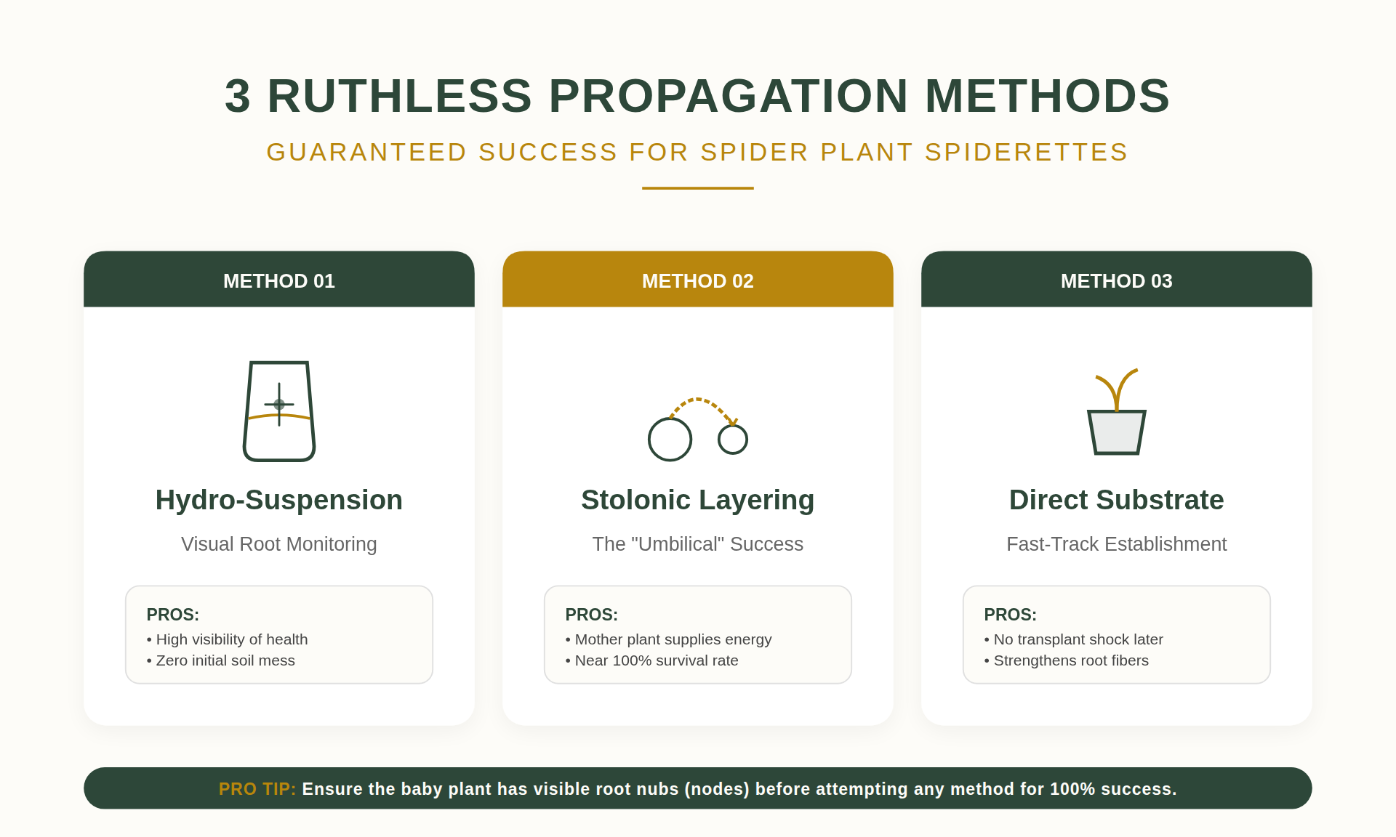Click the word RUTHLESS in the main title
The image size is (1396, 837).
pos(399,96)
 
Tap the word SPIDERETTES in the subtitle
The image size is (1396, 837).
pos(1026,153)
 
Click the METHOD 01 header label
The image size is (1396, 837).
pos(279,281)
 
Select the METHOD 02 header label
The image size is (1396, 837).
pos(698,281)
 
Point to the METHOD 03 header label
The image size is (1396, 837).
pos(1117,281)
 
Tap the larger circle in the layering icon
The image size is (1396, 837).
pos(670,440)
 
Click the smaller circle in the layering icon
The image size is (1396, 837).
pos(733,440)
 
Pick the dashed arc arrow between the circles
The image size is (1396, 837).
pos(698,400)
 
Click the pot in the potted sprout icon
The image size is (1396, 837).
pos(1117,433)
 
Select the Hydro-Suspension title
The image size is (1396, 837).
pos(279,500)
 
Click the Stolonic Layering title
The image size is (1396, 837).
pos(698,500)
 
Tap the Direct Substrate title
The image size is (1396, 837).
pos(1117,500)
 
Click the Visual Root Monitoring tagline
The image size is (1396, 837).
pos(279,544)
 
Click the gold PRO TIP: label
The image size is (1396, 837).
pos(257,789)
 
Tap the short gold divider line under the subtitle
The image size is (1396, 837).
pos(698,188)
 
